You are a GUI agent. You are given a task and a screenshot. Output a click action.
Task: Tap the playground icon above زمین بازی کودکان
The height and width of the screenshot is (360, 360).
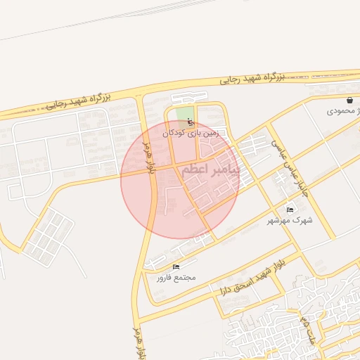point(189,122)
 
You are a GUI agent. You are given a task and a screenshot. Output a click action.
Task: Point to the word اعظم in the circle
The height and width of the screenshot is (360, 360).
point(195,171)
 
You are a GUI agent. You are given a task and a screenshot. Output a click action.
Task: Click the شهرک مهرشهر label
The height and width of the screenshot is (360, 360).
point(289,221)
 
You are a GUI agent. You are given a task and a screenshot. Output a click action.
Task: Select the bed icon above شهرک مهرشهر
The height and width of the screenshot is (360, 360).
point(290,210)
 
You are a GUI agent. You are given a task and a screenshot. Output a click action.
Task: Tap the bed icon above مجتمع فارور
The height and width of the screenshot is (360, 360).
point(176,266)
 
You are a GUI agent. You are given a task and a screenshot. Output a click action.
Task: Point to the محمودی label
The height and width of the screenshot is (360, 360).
point(337,111)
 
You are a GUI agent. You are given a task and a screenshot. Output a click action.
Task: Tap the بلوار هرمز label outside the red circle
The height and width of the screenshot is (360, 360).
point(139,340)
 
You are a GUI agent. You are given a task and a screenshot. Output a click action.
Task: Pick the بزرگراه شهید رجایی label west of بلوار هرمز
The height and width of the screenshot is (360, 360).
point(77,102)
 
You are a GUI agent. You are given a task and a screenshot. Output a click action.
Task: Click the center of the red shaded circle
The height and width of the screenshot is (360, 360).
point(180,180)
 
